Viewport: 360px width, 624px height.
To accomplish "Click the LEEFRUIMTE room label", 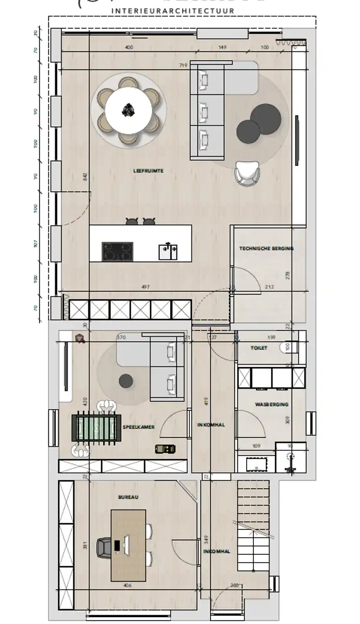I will pyautogui.click(x=149, y=170).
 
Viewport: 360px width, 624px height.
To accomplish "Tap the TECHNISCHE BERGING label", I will pyautogui.click(x=266, y=249).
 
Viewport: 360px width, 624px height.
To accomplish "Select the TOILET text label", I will pyautogui.click(x=259, y=348).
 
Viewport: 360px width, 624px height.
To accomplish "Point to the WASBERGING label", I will pyautogui.click(x=272, y=404).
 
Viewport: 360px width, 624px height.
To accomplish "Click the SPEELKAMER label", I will pyautogui.click(x=138, y=427).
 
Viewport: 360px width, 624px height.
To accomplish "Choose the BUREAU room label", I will pyautogui.click(x=128, y=497).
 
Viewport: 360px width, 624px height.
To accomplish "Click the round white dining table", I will pyautogui.click(x=128, y=110).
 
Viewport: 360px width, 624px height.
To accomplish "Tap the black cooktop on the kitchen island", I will pyautogui.click(x=117, y=252).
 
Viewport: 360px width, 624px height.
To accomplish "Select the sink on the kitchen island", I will pyautogui.click(x=168, y=252).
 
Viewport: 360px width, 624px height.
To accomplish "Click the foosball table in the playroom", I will pyautogui.click(x=96, y=427).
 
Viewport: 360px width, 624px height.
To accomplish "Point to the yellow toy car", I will pyautogui.click(x=165, y=449).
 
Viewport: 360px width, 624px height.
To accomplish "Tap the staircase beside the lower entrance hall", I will pyautogui.click(x=254, y=525).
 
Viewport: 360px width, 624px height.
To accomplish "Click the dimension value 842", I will pyautogui.click(x=85, y=177).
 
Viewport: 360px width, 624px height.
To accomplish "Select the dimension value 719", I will pyautogui.click(x=183, y=66).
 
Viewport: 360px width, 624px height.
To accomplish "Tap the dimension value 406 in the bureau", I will pyautogui.click(x=128, y=586).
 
